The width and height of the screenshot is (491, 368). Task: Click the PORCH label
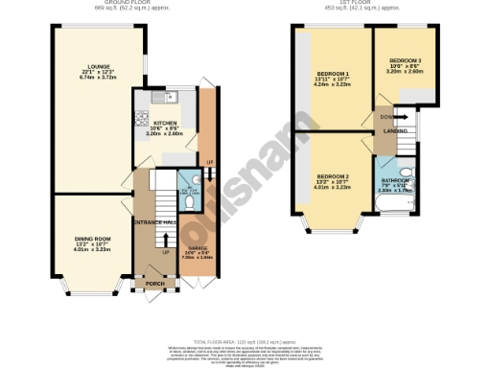154,285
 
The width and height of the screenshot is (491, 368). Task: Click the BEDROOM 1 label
333,74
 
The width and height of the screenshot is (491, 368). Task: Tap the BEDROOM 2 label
333,177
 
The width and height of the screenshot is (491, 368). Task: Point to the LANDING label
396,130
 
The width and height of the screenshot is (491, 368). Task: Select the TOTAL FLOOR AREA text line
245,341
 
